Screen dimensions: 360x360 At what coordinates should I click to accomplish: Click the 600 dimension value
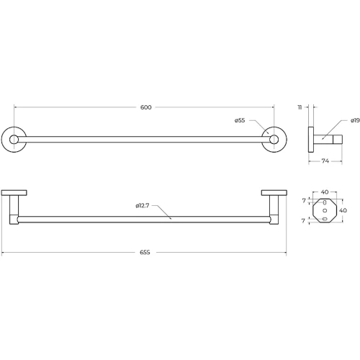146,107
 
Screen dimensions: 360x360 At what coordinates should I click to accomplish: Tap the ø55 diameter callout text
240,120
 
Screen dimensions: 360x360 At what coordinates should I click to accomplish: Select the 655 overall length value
145,252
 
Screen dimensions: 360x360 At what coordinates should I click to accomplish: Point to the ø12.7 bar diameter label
143,205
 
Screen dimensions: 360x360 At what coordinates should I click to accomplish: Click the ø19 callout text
355,120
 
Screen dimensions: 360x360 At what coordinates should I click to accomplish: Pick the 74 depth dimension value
325,161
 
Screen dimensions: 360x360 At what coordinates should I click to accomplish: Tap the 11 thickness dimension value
300,107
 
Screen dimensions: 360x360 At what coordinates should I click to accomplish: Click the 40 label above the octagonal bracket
325,192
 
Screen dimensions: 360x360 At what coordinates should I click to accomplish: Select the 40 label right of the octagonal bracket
343,210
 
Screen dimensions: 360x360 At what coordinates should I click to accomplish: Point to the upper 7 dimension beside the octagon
304,200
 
